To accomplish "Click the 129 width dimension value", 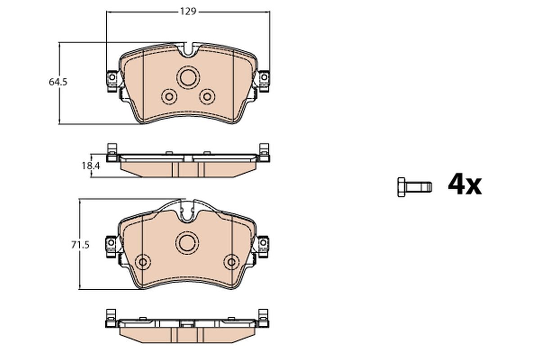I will point(189,12).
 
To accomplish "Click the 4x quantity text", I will point(464,184).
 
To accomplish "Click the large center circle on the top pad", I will point(188,77).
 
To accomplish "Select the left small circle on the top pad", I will point(169,96).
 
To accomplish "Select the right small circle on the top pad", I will point(207,96).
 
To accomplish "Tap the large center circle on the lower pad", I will point(188,243).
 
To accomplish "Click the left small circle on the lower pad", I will point(143,262).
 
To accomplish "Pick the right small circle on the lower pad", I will point(232,262).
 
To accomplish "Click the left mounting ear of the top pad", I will point(112,79).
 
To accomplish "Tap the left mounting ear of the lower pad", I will point(110,245).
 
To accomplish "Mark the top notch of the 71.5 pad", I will point(188,214).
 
